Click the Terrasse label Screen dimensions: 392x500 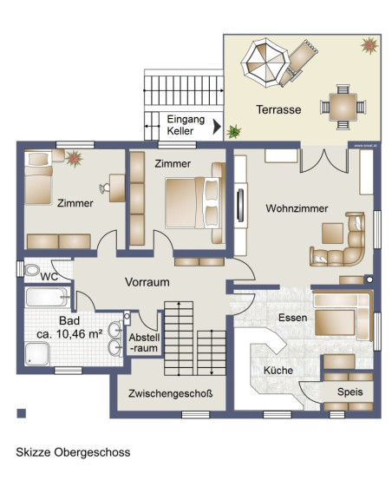point(278,109)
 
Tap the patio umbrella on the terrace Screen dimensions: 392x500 point(265,62)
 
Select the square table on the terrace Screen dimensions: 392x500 point(343,107)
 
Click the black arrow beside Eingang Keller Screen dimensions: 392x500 point(217,126)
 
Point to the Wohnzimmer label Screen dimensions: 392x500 point(297,208)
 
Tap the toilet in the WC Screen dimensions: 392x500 point(31,270)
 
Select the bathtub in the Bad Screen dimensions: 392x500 point(47,297)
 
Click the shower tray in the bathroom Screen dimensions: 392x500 point(37,354)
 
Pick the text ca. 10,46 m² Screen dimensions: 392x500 point(69,334)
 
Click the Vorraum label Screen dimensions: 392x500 point(147,282)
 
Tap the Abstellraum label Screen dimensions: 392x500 point(144,343)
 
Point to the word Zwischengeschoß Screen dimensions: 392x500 point(171,393)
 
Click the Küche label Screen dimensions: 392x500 point(278,371)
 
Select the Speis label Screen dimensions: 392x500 point(350,391)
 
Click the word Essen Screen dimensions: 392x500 point(292,318)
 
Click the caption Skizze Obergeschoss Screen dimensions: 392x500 point(73,452)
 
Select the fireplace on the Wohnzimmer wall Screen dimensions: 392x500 point(240,205)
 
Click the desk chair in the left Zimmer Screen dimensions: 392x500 point(104,188)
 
